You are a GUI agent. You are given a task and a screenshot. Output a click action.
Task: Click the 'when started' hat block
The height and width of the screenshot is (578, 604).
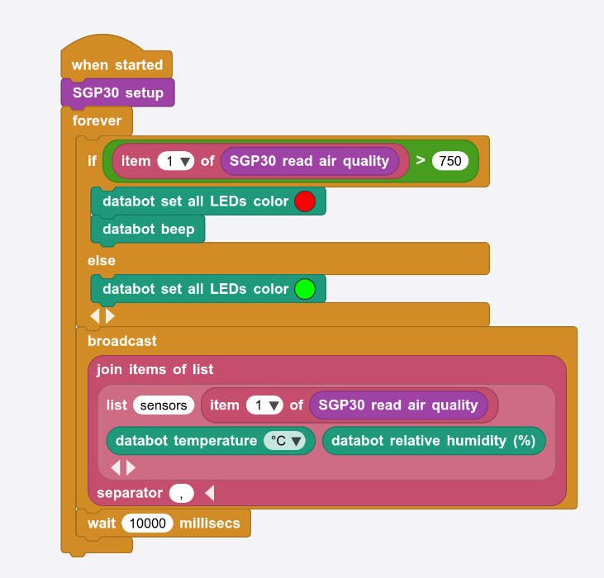pyautogui.click(x=117, y=64)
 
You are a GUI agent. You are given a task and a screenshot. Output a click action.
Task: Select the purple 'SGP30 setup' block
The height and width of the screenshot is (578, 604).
pyautogui.click(x=117, y=92)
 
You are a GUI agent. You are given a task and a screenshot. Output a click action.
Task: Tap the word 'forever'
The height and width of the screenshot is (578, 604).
pyautogui.click(x=97, y=121)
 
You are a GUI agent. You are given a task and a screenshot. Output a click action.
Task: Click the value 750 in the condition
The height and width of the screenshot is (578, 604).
pyautogui.click(x=450, y=161)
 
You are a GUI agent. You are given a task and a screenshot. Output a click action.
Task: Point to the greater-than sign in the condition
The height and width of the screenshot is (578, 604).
pyautogui.click(x=421, y=160)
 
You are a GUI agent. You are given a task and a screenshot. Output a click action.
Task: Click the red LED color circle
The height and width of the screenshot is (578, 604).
pyautogui.click(x=305, y=201)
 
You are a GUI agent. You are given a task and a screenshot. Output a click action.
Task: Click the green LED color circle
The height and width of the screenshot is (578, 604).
pyautogui.click(x=305, y=289)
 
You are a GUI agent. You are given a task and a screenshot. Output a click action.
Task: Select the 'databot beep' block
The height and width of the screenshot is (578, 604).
pyautogui.click(x=148, y=229)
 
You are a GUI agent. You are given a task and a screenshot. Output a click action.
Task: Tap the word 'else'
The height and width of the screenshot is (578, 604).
pyautogui.click(x=102, y=260)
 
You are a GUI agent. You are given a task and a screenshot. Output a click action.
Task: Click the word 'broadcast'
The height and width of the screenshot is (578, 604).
pyautogui.click(x=122, y=340)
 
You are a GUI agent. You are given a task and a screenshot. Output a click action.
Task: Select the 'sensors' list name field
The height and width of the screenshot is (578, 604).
pyautogui.click(x=164, y=405)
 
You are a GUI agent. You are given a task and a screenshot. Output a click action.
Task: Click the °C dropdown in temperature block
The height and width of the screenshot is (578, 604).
pyautogui.click(x=284, y=441)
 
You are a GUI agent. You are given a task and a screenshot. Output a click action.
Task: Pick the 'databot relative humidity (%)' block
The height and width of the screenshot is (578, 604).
pyautogui.click(x=433, y=441)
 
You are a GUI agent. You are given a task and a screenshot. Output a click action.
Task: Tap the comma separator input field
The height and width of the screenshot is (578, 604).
pyautogui.click(x=182, y=493)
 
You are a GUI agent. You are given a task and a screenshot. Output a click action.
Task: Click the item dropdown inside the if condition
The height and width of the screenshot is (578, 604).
pyautogui.click(x=175, y=161)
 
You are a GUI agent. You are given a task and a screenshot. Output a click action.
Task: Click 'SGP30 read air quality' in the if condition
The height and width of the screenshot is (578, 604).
pyautogui.click(x=309, y=161)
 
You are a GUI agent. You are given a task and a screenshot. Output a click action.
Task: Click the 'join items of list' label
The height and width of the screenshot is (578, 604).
pyautogui.click(x=155, y=369)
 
